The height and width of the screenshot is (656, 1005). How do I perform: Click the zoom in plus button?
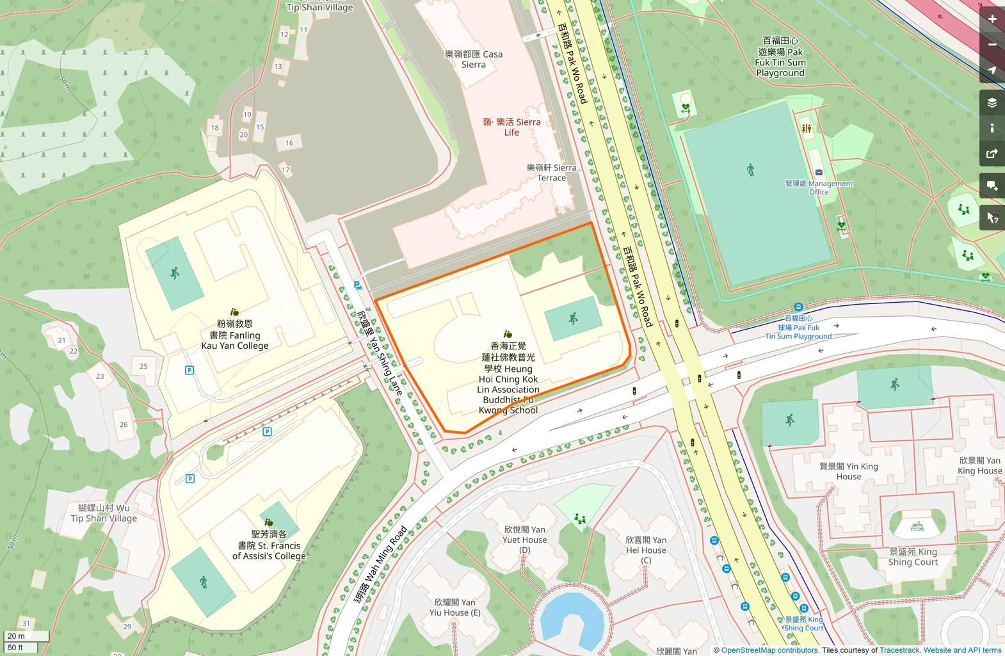point(992,19)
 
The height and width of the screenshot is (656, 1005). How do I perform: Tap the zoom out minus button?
point(992,45)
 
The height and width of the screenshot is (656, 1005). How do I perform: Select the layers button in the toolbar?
point(992,102)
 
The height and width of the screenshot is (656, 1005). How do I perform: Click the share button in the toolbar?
point(992,154)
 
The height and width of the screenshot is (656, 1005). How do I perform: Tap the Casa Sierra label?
point(474,60)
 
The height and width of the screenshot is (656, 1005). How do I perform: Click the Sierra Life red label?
point(511,127)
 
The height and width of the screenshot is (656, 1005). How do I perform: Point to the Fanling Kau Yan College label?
point(235,335)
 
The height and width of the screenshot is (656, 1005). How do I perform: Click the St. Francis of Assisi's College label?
point(269,545)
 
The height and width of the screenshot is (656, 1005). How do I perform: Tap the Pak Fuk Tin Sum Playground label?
point(780,58)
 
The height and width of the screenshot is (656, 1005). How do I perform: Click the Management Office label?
point(819,188)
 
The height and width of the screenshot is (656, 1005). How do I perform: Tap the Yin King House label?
point(849,471)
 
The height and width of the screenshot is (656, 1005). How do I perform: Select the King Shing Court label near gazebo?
point(913,557)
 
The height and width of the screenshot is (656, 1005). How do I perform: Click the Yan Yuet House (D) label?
point(525,540)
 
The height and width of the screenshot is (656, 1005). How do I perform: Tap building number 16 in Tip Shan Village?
point(289,143)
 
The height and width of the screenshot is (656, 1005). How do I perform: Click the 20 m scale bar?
point(26,636)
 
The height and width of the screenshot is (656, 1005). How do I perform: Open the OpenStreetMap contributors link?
point(769,650)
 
